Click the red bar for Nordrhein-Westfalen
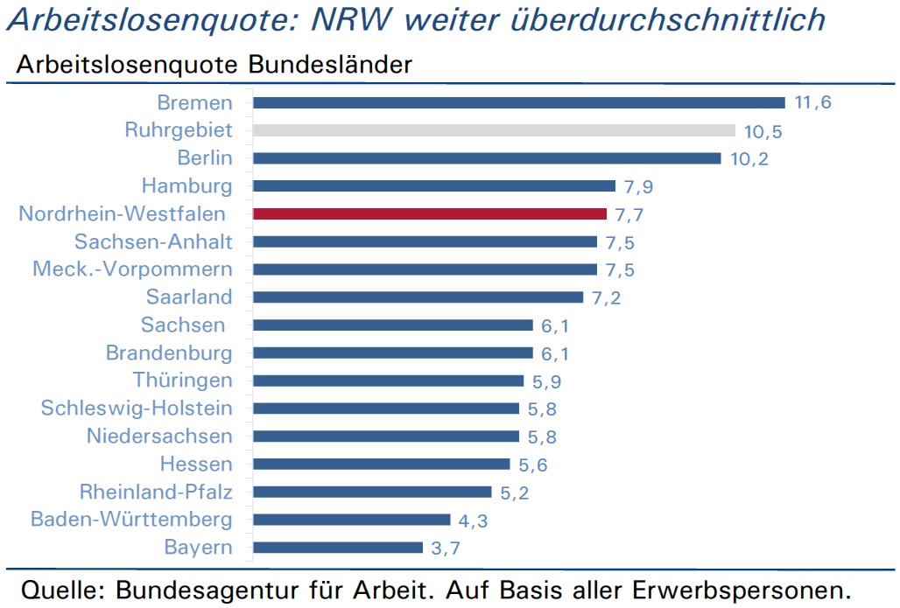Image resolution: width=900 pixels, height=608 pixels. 430,214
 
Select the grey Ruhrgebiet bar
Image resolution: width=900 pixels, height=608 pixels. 494,130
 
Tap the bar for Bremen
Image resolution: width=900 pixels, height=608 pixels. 519,102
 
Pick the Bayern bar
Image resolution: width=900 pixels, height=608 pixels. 338,548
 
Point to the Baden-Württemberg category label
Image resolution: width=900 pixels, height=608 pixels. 131,519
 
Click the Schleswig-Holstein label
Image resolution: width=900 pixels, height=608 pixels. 137,408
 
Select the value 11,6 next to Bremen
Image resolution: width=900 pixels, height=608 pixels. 812,102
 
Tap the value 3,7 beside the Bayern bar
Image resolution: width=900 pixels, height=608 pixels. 446,548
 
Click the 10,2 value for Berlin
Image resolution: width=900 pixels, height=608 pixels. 749,158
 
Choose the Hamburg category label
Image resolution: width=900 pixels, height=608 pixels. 187,186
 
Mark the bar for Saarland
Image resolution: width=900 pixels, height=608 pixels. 418,297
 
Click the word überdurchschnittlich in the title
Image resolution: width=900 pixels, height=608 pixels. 667,19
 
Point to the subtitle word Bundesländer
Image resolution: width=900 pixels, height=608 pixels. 330,64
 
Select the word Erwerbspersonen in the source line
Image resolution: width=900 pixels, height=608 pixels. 742,591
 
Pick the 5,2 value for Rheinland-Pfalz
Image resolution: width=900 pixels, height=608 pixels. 514,493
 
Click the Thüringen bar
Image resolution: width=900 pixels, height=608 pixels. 389,381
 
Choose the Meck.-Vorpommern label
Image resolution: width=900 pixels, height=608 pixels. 132,269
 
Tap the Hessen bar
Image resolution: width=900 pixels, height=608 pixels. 382,464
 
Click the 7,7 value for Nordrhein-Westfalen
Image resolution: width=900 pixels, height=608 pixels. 629,214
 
